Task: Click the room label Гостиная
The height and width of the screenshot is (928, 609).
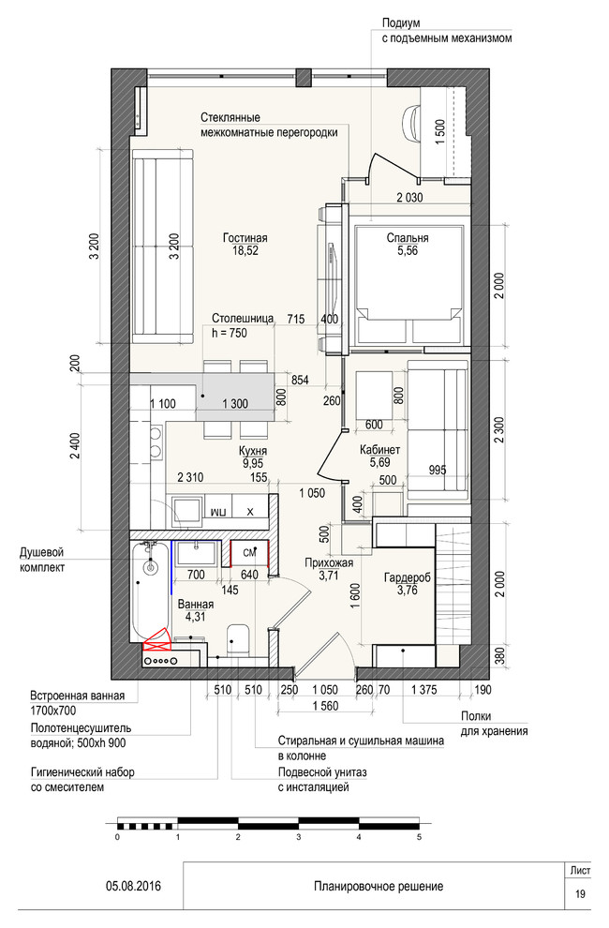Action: tap(245, 238)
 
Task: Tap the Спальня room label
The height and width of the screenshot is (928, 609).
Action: tap(407, 238)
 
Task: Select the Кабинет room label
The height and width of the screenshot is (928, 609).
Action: tap(380, 450)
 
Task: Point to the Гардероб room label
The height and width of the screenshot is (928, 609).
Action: tap(407, 578)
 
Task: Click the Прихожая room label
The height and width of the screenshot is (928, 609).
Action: tap(329, 562)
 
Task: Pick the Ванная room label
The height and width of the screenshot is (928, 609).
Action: tap(195, 605)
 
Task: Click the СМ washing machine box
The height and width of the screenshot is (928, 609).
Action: tap(250, 552)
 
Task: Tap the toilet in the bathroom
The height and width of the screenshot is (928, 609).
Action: tap(238, 639)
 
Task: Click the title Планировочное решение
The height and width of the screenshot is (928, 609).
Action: tap(378, 886)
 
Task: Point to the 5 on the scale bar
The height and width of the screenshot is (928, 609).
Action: tap(420, 838)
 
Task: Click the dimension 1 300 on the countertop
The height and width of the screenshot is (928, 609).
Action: tap(236, 403)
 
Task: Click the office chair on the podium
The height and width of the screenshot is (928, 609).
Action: tap(413, 120)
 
